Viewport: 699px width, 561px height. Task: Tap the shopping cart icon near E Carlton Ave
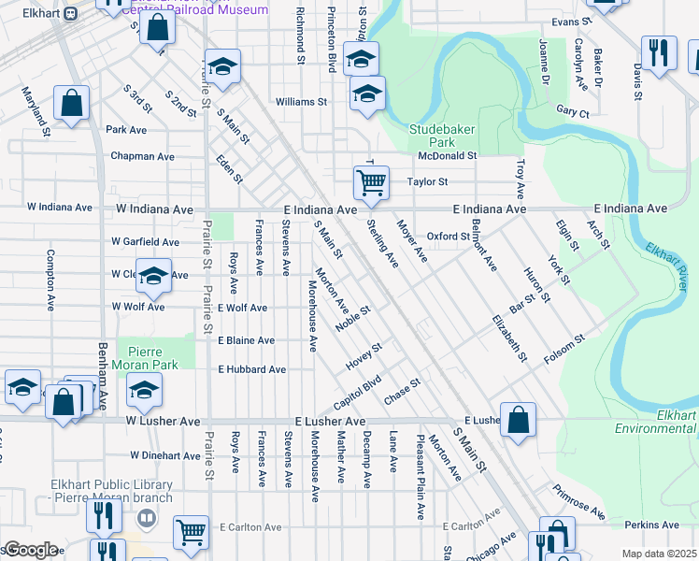click(x=191, y=532)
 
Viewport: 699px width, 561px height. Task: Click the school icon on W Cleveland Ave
click(x=154, y=275)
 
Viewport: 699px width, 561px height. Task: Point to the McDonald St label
click(x=447, y=156)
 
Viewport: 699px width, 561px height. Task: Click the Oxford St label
click(x=448, y=237)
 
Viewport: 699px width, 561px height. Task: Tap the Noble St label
click(x=354, y=317)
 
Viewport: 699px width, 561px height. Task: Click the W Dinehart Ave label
click(x=165, y=455)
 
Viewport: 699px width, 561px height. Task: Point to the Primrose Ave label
click(x=578, y=502)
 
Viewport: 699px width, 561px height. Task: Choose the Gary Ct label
click(x=572, y=112)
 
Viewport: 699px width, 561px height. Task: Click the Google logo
click(x=30, y=550)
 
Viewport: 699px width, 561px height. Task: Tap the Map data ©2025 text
click(x=659, y=554)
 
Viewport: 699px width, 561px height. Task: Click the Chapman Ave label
click(x=142, y=156)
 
